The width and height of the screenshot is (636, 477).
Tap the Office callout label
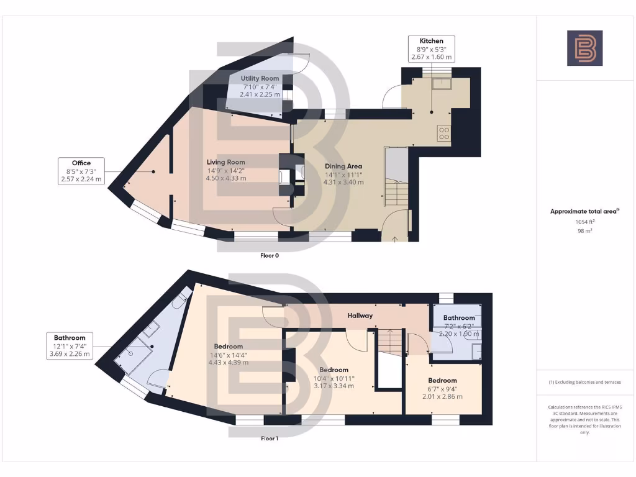pos(81,171)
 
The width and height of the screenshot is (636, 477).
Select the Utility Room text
pos(260,78)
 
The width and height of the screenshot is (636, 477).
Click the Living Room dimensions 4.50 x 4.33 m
pos(226,178)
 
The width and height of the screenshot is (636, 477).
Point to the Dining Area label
pos(343,166)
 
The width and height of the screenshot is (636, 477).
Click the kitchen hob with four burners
pos(445,132)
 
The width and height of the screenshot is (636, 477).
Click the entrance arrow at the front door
pos(396,237)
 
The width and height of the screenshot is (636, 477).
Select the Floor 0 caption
pos(269,255)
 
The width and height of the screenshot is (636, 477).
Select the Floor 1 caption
pos(269,438)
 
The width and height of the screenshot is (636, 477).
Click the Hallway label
pos(360,316)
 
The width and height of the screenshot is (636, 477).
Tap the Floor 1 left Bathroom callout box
pos(69,346)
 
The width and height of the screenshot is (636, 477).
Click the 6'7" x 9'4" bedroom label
pos(442,380)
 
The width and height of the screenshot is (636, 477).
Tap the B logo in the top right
pos(584,48)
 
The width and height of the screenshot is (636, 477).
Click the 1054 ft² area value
pos(584,222)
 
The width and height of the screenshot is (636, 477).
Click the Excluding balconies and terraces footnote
pos(584,382)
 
